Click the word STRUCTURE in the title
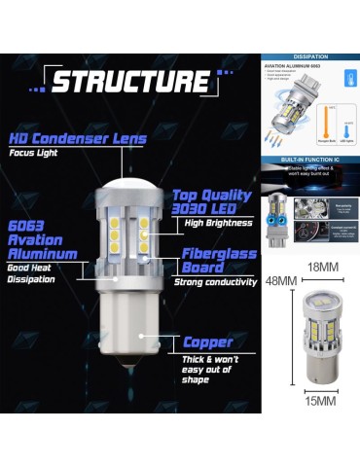point(128,81)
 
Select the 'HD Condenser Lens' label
point(77,138)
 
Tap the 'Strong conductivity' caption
point(215,283)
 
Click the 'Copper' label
point(207,342)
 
